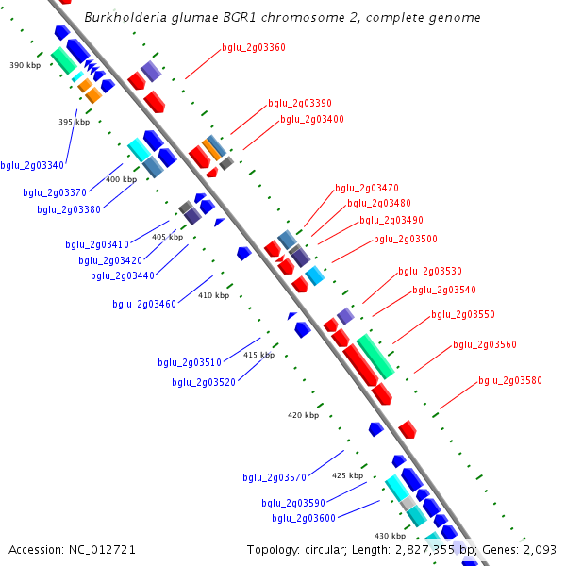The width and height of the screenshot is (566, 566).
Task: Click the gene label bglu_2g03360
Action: [x=254, y=47]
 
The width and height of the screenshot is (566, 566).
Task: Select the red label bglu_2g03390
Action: [x=300, y=103]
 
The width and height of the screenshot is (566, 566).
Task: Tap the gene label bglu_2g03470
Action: [x=367, y=188]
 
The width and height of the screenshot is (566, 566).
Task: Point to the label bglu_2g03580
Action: [x=510, y=380]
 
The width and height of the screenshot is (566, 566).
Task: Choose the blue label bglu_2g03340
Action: [x=32, y=165]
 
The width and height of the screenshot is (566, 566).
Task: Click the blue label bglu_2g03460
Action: [x=144, y=304]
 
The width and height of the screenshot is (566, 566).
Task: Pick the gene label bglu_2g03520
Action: [x=204, y=382]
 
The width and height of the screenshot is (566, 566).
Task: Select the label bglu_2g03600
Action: [x=304, y=517]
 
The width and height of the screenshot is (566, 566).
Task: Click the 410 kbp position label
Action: [x=213, y=295]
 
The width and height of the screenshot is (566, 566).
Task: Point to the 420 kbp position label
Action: [x=304, y=415]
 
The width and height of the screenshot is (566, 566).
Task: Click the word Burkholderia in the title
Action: [x=124, y=18]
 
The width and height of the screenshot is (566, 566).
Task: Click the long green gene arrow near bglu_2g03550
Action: [x=375, y=357]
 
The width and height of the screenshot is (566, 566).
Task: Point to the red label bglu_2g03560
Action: [x=485, y=344]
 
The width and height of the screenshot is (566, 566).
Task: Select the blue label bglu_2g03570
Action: [x=275, y=477]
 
